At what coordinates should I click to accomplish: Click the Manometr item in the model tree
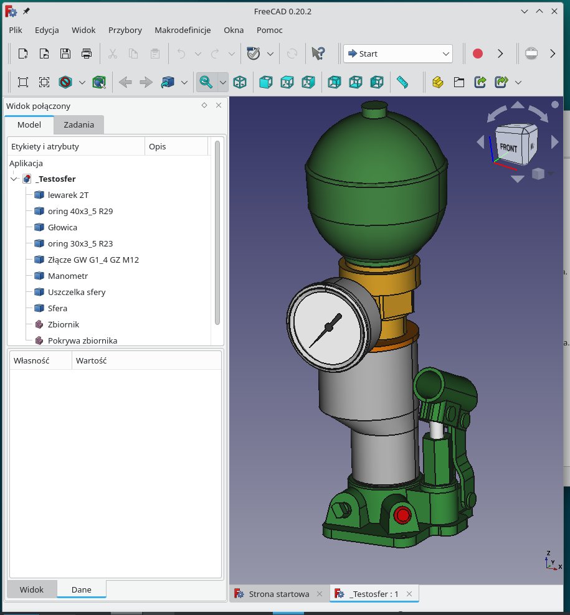click(67, 276)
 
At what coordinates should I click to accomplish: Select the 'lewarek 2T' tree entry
click(67, 195)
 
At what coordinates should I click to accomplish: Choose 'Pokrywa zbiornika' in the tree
click(82, 340)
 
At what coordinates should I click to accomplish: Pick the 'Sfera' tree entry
click(57, 308)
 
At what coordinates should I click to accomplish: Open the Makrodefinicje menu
click(183, 30)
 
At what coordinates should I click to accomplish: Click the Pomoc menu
click(269, 30)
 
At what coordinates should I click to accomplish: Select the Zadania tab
click(78, 124)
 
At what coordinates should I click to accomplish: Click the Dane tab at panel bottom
click(82, 589)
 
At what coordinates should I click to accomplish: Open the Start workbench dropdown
click(398, 54)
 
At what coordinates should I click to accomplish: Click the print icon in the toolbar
click(87, 54)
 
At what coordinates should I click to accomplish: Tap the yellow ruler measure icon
click(402, 82)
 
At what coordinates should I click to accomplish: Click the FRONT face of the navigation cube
click(508, 148)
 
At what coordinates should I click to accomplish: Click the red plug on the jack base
click(402, 515)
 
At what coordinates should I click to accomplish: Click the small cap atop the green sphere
click(373, 111)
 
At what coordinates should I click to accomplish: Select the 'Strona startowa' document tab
click(278, 594)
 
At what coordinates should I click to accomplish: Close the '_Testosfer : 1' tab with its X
click(409, 594)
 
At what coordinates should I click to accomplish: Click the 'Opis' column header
click(158, 146)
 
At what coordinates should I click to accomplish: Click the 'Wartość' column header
click(91, 360)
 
